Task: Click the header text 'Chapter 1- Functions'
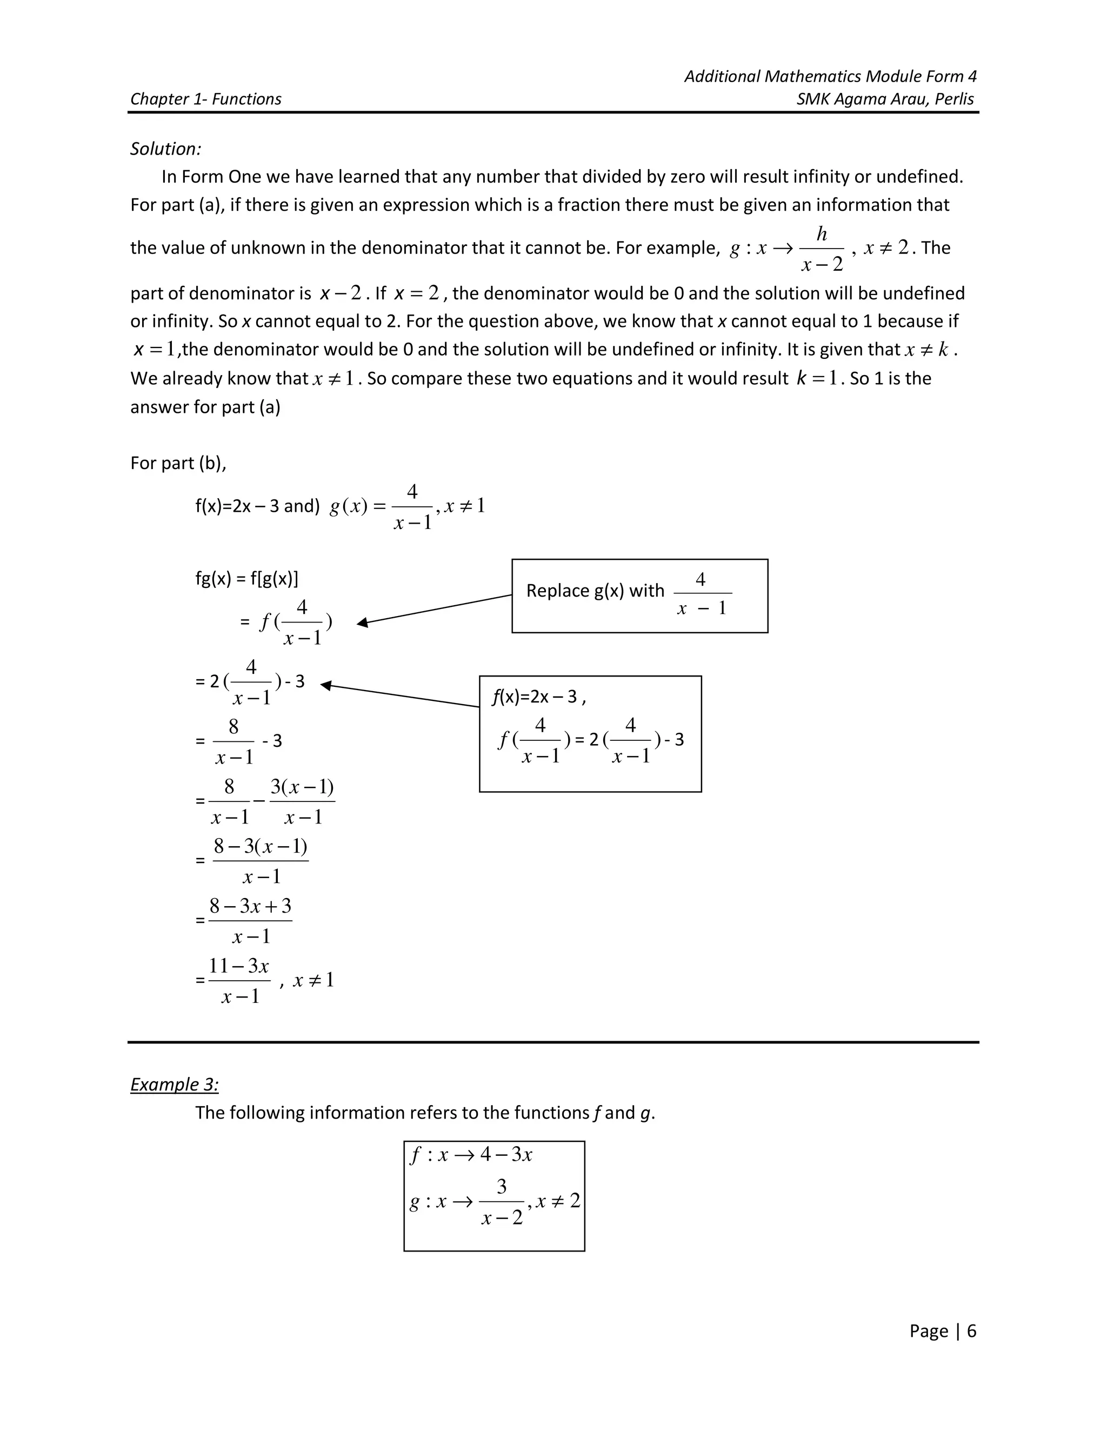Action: (x=205, y=99)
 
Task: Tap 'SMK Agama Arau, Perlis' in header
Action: (x=885, y=99)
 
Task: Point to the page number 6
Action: (x=971, y=1330)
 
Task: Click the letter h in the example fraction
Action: (x=821, y=234)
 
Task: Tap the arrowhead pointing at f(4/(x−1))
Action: (x=362, y=623)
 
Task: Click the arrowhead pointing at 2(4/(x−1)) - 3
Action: (x=326, y=685)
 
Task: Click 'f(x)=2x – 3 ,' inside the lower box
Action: (x=538, y=697)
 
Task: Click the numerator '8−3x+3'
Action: (x=250, y=906)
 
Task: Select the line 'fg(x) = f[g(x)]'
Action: (x=246, y=578)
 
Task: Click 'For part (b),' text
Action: (x=178, y=463)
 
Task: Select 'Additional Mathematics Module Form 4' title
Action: (x=830, y=77)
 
